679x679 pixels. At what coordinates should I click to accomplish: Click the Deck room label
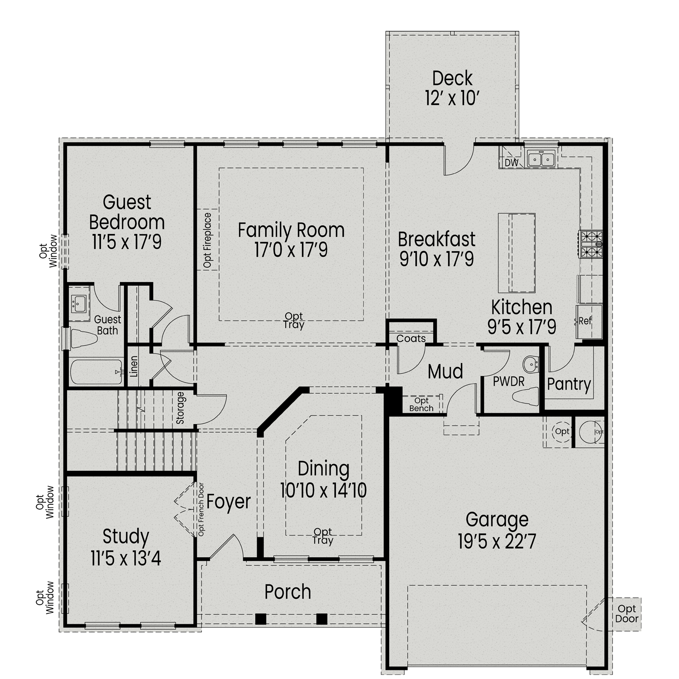[452, 78]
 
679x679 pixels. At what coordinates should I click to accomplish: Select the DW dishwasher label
[511, 163]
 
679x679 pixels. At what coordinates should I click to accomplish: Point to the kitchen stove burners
[591, 244]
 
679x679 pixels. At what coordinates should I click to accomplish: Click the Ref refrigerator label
[585, 321]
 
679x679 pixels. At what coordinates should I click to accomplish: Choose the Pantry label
[569, 384]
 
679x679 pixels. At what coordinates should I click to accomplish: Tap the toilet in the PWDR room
[525, 397]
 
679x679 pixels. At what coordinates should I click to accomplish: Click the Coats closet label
[411, 339]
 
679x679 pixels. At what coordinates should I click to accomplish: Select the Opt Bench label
[421, 404]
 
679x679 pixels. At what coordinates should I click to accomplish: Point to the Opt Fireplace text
[207, 240]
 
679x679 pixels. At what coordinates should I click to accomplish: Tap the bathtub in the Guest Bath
[96, 372]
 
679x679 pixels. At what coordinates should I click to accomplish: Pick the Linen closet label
[134, 367]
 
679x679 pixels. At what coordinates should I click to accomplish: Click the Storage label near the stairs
[180, 408]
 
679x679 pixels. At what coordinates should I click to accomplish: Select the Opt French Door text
[201, 509]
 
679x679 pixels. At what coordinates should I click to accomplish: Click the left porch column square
[260, 618]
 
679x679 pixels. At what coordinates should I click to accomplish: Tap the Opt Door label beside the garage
[626, 614]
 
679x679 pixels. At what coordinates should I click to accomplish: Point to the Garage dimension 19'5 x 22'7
[497, 542]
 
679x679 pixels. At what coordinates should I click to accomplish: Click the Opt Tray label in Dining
[323, 536]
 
